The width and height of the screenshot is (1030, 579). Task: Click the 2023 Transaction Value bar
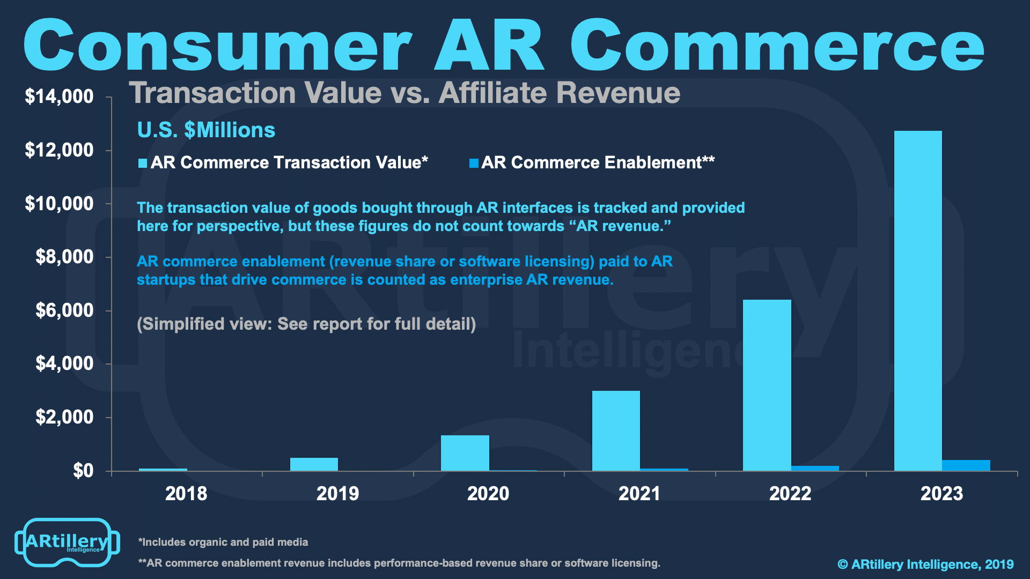918,301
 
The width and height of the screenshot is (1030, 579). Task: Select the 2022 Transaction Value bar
767,385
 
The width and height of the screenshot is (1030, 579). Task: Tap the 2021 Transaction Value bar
616,431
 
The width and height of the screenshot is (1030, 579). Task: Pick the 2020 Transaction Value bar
465,453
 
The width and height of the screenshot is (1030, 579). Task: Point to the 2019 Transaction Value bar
314,464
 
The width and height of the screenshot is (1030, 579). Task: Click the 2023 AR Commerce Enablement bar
966,465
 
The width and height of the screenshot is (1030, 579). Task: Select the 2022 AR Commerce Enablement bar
815,469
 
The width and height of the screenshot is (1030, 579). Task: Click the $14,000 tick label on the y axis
59,96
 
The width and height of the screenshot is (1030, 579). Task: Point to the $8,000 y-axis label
64,257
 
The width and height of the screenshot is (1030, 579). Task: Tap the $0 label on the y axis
83,471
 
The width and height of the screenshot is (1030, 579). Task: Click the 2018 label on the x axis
186,493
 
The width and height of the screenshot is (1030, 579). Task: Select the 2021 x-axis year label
639,493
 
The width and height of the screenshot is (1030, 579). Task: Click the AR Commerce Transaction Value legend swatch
143,164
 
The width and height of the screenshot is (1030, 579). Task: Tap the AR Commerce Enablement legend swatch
474,164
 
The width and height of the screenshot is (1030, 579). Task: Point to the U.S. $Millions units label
206,130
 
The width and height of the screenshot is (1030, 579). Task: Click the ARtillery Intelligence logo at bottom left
67,543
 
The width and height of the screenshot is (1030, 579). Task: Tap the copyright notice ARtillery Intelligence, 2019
925,565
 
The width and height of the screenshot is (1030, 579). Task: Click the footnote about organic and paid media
223,542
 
